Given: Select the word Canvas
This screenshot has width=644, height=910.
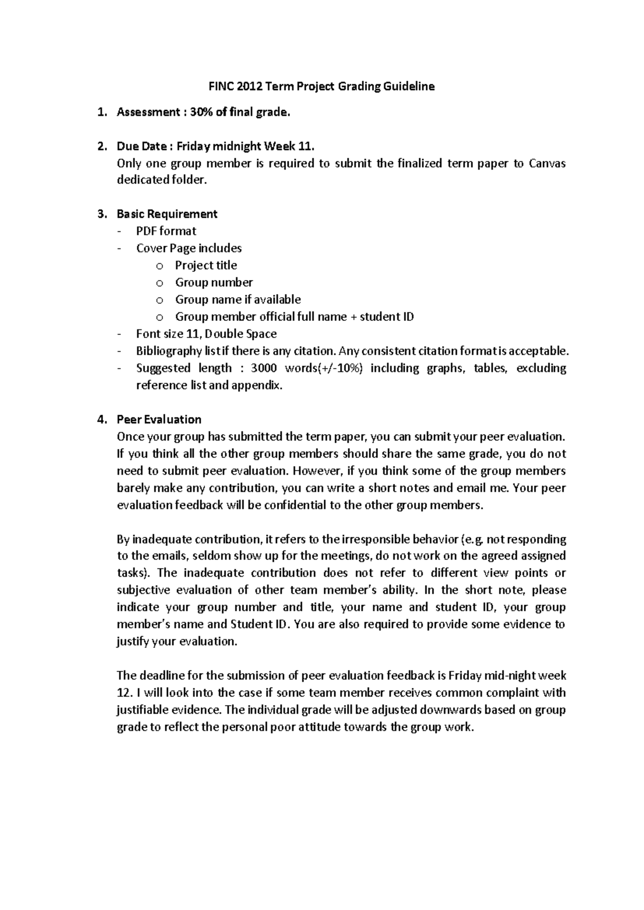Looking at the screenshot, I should click(547, 164).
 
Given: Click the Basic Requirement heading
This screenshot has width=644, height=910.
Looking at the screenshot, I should click(167, 214).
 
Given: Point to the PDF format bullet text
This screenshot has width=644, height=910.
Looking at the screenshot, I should click(166, 231).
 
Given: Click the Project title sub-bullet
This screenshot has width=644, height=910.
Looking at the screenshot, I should click(206, 266).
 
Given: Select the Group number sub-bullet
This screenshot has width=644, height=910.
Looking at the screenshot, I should click(214, 283).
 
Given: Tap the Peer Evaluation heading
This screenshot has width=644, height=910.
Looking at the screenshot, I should click(159, 420).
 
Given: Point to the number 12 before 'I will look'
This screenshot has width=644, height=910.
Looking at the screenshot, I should click(123, 693).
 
